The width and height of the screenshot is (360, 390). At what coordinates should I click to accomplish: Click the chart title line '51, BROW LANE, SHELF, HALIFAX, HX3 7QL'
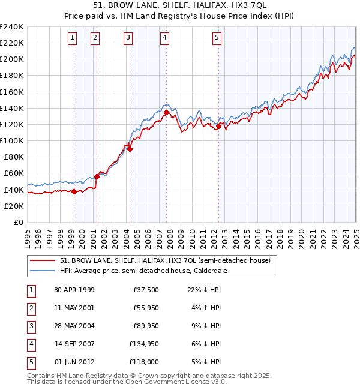[x=179, y=8]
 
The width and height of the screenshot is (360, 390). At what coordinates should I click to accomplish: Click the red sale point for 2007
[x=166, y=112]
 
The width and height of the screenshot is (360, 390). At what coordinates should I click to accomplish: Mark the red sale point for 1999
[x=74, y=191]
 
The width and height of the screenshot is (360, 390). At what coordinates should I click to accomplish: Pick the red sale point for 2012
[x=219, y=126]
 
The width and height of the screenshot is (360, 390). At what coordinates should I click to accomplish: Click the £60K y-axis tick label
[x=14, y=173]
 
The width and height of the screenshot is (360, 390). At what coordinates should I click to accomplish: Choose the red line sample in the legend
[x=43, y=261]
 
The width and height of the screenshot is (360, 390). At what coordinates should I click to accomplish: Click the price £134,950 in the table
[x=143, y=344]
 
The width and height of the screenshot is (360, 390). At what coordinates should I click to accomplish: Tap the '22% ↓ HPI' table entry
[x=204, y=289]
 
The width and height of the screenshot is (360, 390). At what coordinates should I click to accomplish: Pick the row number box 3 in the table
[x=30, y=326]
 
